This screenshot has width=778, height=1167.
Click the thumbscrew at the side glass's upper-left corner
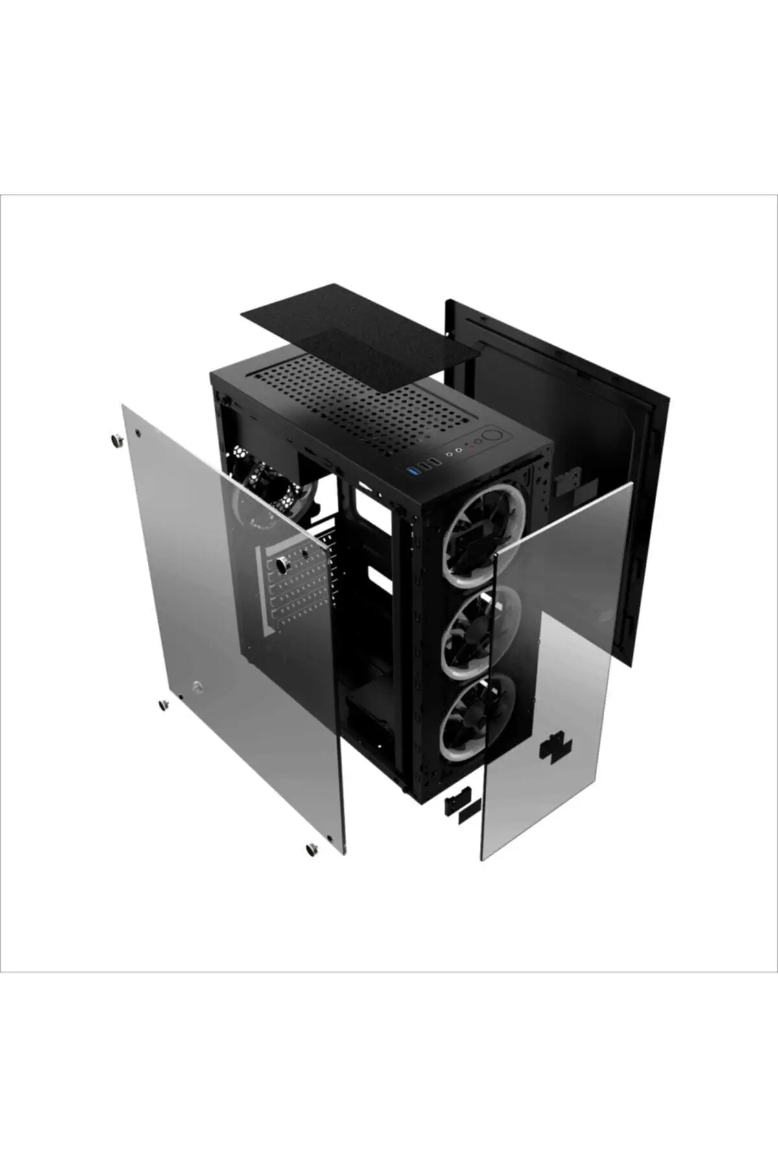coord(117,441)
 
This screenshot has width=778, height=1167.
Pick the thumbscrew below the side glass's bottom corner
coord(312,848)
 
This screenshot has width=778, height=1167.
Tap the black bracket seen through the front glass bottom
coord(556,748)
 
